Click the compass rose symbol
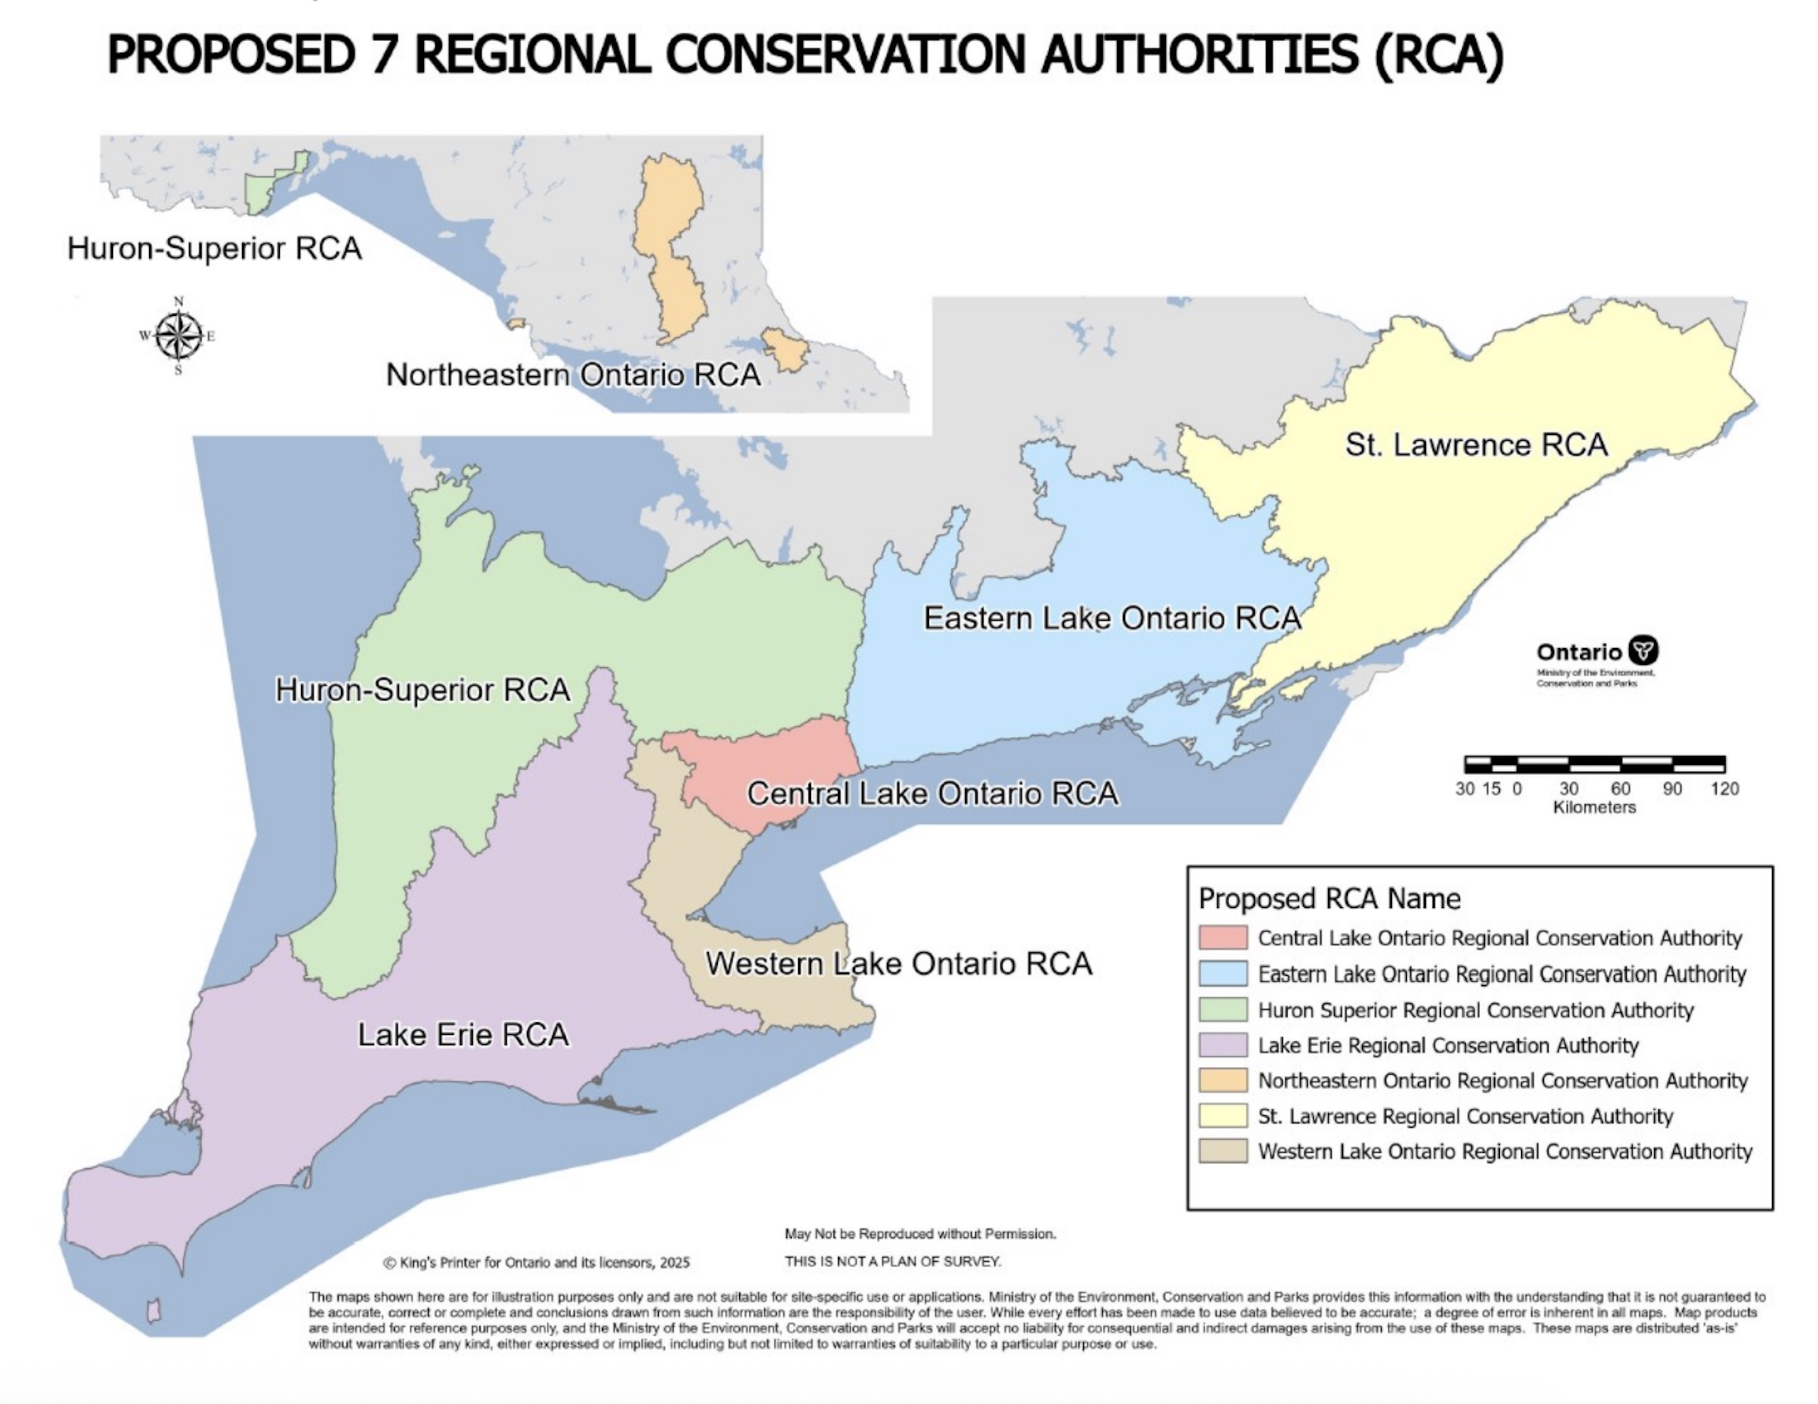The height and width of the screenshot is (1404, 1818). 178,336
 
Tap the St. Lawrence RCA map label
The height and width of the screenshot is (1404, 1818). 1476,445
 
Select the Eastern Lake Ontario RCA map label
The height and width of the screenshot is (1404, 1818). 1112,618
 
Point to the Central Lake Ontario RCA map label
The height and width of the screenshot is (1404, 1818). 932,794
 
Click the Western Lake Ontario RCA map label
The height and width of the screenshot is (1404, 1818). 898,964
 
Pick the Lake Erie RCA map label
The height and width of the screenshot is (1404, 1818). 463,1034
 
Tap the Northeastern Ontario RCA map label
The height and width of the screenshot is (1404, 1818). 572,375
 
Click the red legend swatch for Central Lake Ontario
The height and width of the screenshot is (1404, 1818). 1223,938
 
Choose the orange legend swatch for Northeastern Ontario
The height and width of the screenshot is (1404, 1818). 1223,1080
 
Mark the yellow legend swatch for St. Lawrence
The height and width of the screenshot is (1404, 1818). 1223,1116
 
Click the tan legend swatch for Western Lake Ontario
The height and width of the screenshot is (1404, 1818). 1223,1151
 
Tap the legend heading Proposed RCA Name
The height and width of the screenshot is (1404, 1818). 1329,899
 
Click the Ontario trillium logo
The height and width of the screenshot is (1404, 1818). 1643,650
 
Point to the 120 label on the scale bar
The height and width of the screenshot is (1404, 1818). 1725,789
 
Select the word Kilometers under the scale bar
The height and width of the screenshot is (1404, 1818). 1594,807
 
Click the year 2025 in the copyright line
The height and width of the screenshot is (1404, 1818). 674,1263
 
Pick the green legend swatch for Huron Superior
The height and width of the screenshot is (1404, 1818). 1223,1009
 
